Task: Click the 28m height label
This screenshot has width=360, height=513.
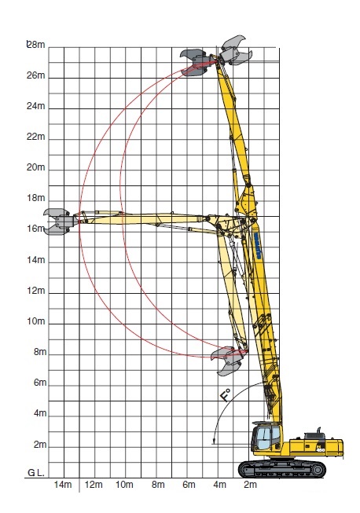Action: pyautogui.click(x=36, y=45)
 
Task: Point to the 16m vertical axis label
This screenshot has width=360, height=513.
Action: pyautogui.click(x=36, y=229)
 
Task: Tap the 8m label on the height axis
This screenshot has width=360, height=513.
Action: pyautogui.click(x=40, y=352)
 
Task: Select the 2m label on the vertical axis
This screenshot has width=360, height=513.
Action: pyautogui.click(x=40, y=445)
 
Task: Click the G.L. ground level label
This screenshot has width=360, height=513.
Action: pyautogui.click(x=36, y=472)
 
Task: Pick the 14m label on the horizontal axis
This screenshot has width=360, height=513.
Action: pyautogui.click(x=63, y=485)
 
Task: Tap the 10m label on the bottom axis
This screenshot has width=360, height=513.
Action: pyautogui.click(x=124, y=485)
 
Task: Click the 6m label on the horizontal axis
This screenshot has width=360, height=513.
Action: pyautogui.click(x=189, y=485)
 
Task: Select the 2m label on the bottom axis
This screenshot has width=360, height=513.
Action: pyautogui.click(x=251, y=485)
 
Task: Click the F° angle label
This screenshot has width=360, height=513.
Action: pyautogui.click(x=226, y=395)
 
